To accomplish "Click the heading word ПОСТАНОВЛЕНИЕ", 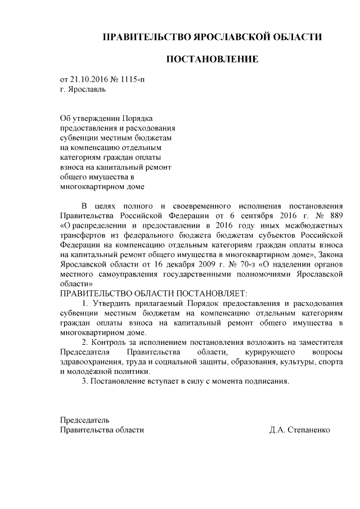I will tap(212, 59).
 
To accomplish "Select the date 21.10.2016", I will tap(88, 79).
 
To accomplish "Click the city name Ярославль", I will tap(86, 89).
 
